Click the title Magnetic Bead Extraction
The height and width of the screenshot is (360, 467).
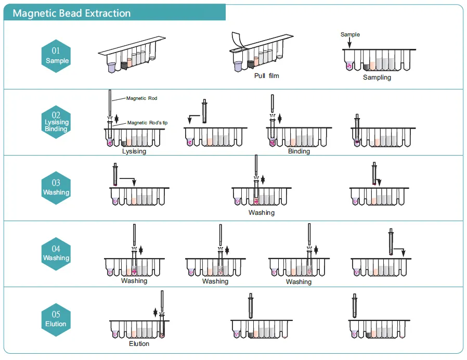[72, 13]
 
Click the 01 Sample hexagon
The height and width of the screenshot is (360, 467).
[56, 56]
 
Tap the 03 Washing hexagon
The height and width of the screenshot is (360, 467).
[56, 188]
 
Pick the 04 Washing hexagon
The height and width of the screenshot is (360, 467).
[56, 254]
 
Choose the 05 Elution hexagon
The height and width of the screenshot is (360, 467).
[56, 319]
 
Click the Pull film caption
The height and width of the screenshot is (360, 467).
[266, 76]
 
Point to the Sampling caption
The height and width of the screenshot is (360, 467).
[377, 78]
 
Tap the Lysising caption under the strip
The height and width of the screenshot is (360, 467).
[134, 152]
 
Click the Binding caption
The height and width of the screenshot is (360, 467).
[299, 151]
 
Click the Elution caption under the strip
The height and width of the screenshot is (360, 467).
[139, 344]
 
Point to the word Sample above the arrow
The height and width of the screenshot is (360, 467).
[350, 35]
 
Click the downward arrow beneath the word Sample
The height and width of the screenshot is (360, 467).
[349, 44]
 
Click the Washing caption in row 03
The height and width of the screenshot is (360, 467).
[261, 213]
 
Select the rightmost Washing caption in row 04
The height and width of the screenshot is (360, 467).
[299, 282]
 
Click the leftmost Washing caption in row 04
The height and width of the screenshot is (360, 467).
[134, 281]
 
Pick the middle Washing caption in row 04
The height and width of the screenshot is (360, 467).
[215, 281]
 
